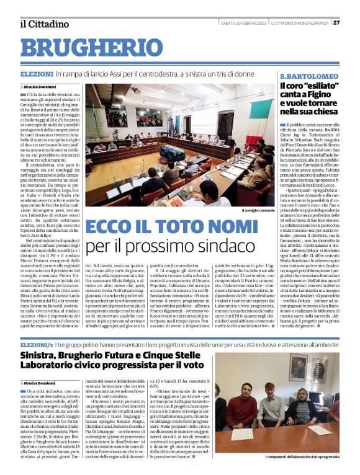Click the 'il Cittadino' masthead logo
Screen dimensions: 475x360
pyautogui.click(x=44, y=24)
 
